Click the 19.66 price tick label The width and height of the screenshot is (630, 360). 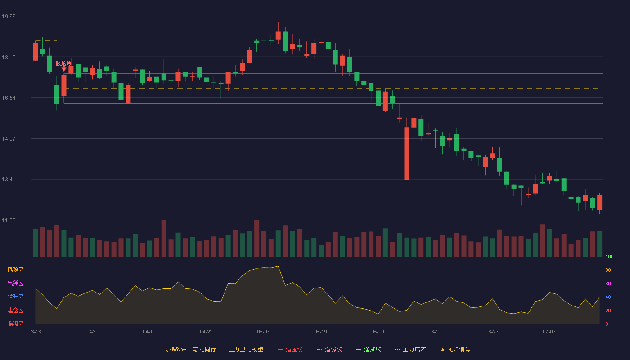point(9,17)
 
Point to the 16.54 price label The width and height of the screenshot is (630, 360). point(9,98)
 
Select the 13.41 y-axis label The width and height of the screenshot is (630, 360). point(9,180)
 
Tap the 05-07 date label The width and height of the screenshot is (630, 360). point(263,332)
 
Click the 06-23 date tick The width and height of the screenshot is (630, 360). point(492,332)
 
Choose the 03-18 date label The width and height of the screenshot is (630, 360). point(35,332)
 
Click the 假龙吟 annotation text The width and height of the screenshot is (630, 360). point(63,63)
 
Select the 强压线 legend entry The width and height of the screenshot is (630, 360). point(290,349)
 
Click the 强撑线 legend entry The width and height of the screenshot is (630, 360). point(369,349)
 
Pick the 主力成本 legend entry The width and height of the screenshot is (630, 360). point(410,349)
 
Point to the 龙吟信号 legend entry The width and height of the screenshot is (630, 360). point(455,349)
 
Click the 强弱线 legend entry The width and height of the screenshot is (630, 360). point(329,349)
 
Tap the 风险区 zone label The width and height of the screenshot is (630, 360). point(15,270)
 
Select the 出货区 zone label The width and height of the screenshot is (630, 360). point(15,283)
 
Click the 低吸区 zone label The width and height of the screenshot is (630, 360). point(15,324)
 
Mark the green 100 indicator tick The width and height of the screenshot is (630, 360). point(609,256)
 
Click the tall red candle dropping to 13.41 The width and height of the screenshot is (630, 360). point(407,153)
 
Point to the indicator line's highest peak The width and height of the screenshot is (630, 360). point(278,266)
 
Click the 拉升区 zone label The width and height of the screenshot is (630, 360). point(15,297)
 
